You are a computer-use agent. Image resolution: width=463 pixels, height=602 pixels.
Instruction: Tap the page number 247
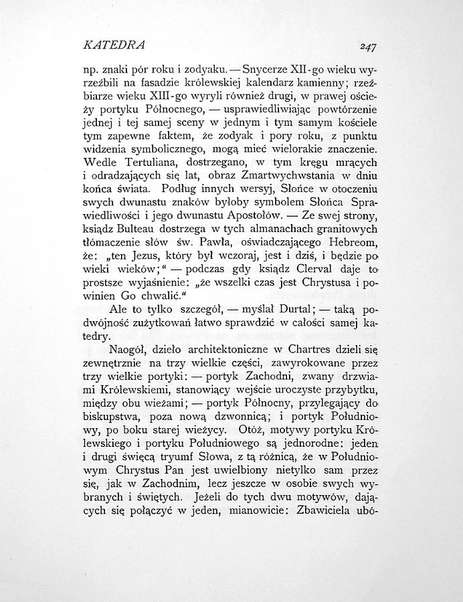[367, 47]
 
